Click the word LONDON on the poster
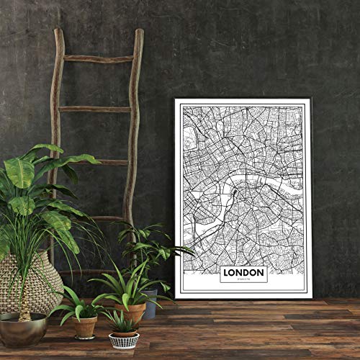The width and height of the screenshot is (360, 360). [243, 272]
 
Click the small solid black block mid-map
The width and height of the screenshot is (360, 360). [235, 193]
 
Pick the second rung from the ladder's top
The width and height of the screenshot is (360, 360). [94, 109]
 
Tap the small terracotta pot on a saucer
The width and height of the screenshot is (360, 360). [85, 325]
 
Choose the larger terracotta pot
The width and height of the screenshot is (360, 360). [131, 311]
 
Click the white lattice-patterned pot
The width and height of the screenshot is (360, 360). [124, 339]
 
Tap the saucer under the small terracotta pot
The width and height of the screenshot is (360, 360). [85, 337]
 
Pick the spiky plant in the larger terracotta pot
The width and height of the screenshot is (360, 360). [130, 281]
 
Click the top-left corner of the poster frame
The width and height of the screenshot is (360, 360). [176, 99]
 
